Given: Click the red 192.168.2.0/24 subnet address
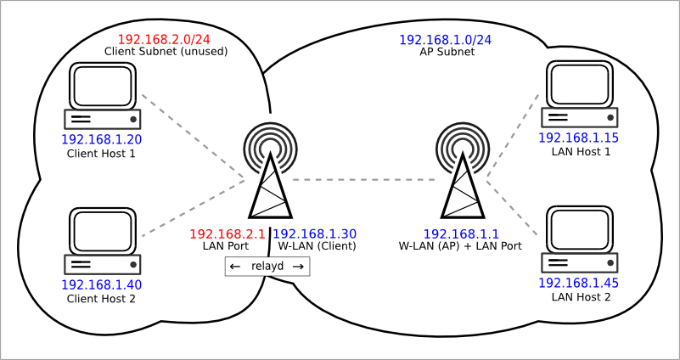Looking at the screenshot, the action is click(x=164, y=39).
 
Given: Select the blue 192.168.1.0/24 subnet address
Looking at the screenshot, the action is click(x=445, y=40).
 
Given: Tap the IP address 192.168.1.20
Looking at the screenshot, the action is click(x=102, y=139).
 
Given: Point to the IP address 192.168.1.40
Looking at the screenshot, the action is click(x=102, y=284).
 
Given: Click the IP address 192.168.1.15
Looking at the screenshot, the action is click(x=578, y=138).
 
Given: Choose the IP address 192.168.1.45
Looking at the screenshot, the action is click(x=578, y=283).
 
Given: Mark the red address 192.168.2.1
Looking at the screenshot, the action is click(x=228, y=234).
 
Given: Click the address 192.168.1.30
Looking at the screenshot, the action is click(x=314, y=234).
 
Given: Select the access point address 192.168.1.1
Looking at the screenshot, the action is click(x=461, y=234).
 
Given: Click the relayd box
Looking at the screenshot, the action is click(x=267, y=267).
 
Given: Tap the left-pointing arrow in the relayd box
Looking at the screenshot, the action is click(x=235, y=267).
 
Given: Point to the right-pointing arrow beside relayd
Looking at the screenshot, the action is click(x=298, y=267).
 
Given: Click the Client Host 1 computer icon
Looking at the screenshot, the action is click(x=103, y=96).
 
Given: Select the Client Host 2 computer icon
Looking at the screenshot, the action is click(x=103, y=241).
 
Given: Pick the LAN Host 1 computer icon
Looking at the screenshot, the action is click(x=579, y=93).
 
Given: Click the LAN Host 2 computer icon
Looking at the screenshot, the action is click(x=579, y=239).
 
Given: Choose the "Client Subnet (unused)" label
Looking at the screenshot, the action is click(x=166, y=51).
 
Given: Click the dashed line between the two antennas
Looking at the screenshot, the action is click(x=363, y=179).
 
